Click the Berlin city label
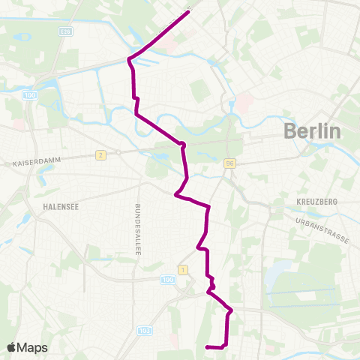[x=312, y=131]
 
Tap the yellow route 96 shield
[x=230, y=163]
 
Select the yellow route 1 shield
[x=181, y=268]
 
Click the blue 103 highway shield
[x=145, y=330]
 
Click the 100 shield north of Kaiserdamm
[x=30, y=95]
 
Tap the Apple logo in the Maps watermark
[x=12, y=347]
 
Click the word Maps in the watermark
[x=32, y=347]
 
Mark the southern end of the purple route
[x=206, y=346]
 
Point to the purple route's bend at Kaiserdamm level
[x=181, y=144]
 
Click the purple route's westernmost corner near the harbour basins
[x=129, y=58]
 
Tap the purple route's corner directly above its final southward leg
[x=230, y=310]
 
